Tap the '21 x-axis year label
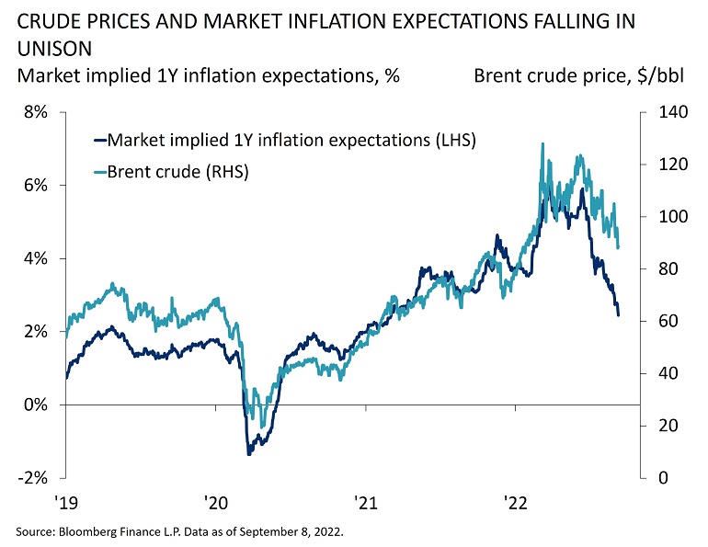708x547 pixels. [365, 503]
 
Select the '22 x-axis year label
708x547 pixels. [515, 503]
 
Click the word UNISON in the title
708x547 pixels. [52, 45]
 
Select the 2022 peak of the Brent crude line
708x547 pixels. [543, 143]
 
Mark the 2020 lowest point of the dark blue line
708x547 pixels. [248, 453]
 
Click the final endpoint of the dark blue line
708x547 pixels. [618, 315]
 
